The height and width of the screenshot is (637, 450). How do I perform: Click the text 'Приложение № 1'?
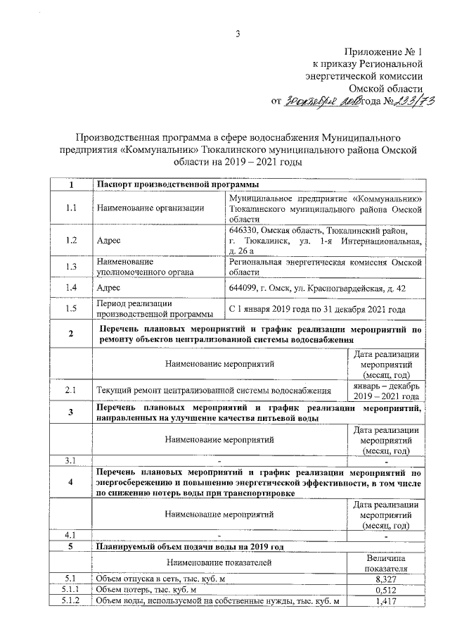pos(384,52)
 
